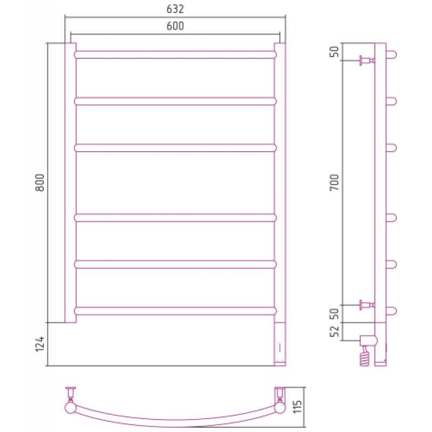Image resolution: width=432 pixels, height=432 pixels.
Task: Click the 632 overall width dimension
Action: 175,9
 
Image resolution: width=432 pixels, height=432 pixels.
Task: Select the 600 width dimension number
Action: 175,26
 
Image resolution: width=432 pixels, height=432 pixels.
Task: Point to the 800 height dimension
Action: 39,183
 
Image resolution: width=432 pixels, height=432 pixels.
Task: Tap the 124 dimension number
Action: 39,344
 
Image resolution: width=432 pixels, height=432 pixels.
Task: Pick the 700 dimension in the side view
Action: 334,183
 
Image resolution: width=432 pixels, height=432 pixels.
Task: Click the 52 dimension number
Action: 334,332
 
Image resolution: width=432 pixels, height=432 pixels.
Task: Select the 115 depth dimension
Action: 298,407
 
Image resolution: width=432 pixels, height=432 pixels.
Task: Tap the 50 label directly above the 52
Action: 334,314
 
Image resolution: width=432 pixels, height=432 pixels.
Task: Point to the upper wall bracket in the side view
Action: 367,60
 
